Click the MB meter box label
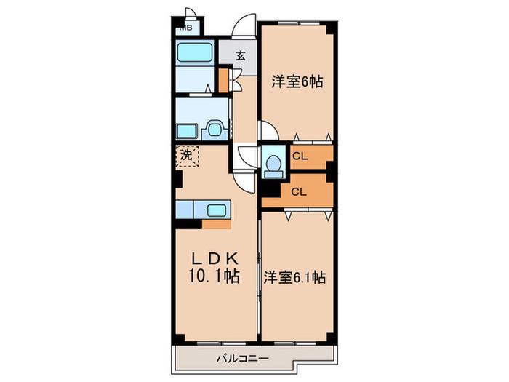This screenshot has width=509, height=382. coord(185,28)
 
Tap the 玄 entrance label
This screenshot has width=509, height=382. coord(241,56)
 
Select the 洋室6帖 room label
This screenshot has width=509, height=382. coord(297,81)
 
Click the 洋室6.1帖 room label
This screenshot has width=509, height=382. coord(294,278)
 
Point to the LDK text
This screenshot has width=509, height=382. coord(215,259)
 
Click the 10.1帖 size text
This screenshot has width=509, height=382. coord(214,276)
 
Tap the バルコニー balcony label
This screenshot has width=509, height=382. coord(243,359)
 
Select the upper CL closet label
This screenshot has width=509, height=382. coord(300,156)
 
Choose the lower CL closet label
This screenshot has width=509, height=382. coord(299,192)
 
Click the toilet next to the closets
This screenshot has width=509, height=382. coord(273,164)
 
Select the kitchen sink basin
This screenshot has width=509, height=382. coord(217,210)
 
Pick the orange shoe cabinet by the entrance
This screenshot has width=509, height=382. coord(223,80)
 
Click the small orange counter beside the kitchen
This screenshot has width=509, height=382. coord(216,224)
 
